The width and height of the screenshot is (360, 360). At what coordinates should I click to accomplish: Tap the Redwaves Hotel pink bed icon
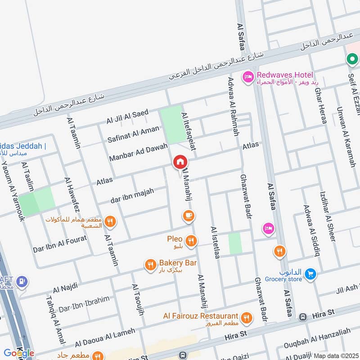(x=247, y=78)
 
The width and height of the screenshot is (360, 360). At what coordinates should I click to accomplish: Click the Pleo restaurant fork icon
(x=192, y=241)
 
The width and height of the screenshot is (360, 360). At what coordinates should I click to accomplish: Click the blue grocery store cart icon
(x=310, y=273)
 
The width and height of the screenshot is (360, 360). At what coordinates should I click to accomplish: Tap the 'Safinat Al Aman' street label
(x=133, y=134)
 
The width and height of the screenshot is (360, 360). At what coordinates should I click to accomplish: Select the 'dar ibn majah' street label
(x=132, y=196)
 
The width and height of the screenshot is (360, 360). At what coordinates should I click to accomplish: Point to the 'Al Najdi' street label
(x=65, y=287)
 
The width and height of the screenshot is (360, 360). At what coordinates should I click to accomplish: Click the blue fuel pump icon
(x=21, y=282)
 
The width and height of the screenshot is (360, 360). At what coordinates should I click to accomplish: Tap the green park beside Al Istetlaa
(x=235, y=243)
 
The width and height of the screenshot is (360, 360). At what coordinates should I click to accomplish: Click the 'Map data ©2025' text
(x=335, y=355)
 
